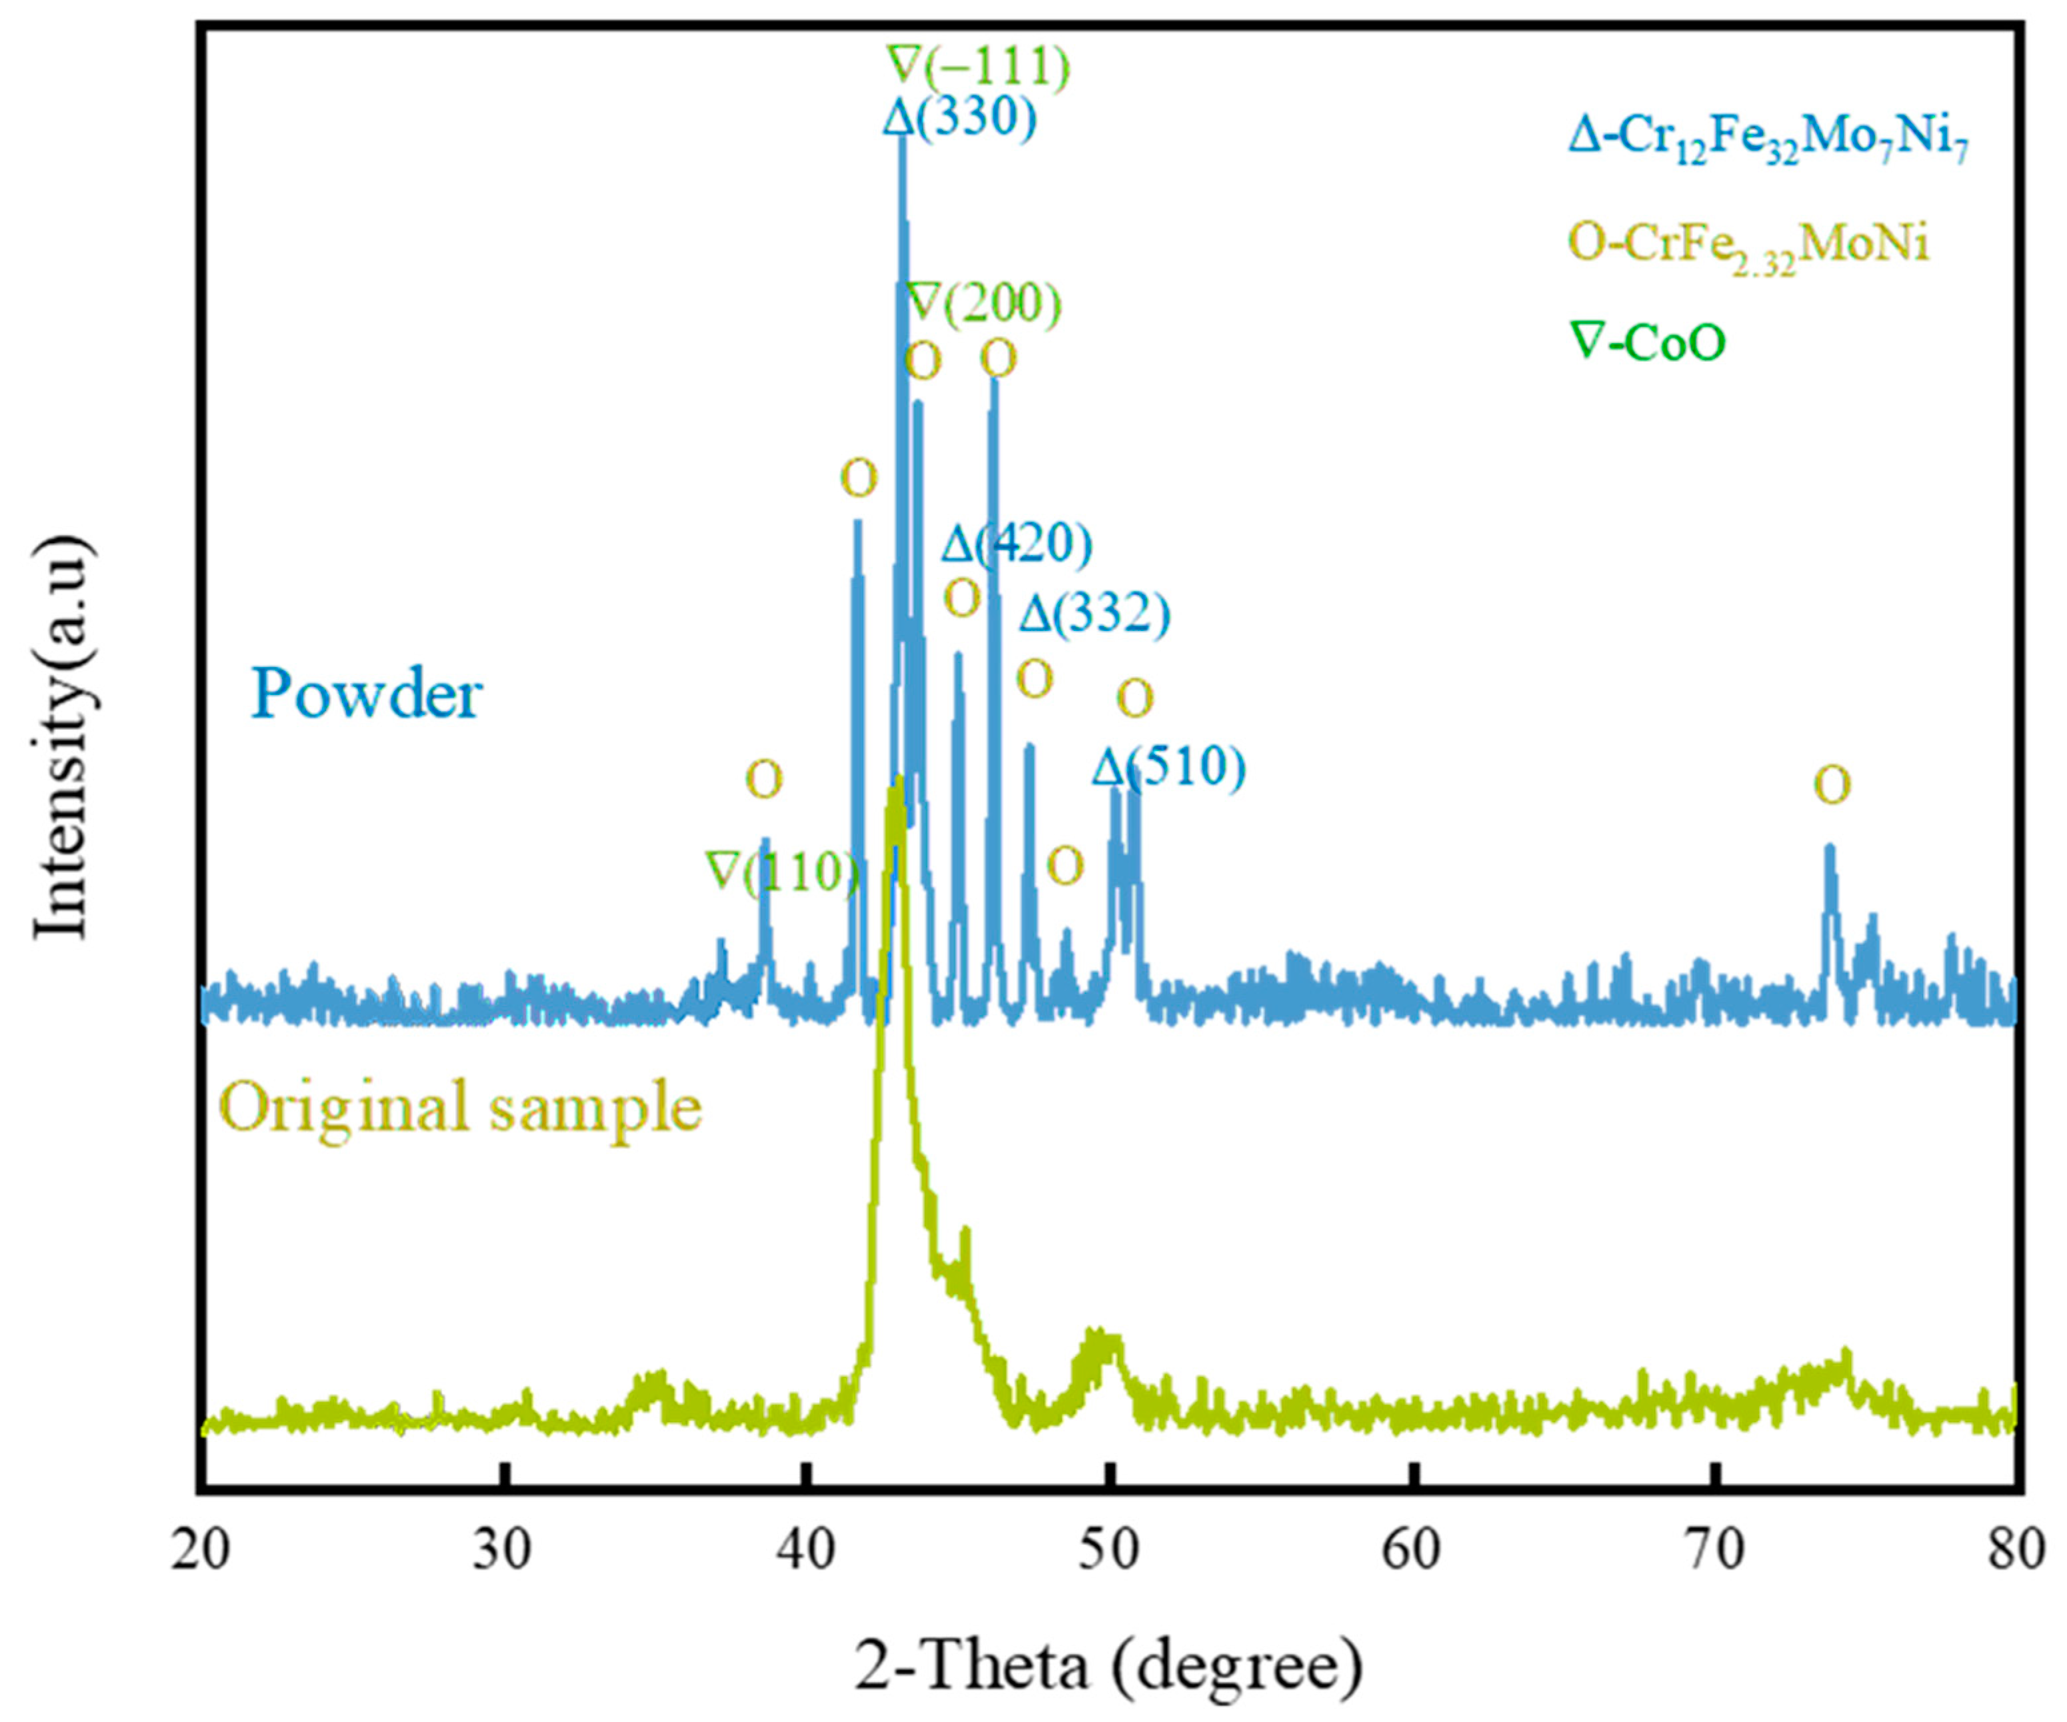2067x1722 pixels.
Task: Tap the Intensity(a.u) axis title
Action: click(64, 738)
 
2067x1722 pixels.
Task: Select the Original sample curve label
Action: click(461, 1107)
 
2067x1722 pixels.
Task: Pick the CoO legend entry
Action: click(1650, 343)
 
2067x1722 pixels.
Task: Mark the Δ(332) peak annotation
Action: click(1094, 615)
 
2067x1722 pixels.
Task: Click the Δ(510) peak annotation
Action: click(1168, 768)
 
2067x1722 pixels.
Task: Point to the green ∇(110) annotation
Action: click(783, 872)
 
